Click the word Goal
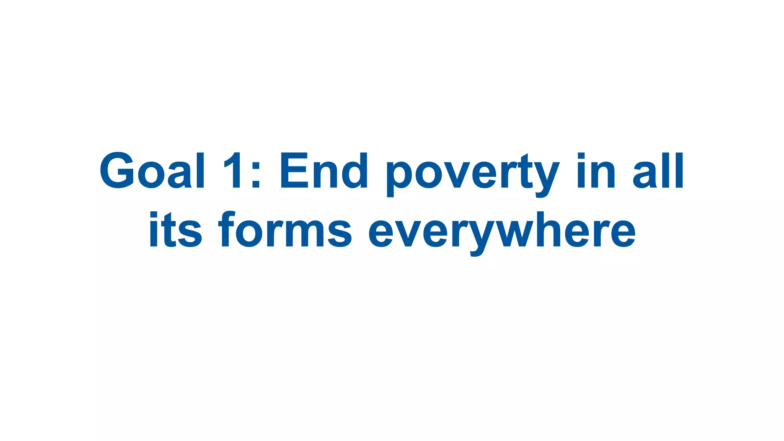(152, 171)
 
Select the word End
(324, 171)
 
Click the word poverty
(472, 175)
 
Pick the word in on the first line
(596, 171)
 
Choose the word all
(658, 171)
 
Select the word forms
(285, 230)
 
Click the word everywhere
(502, 232)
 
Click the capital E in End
(294, 171)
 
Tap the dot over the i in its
(154, 214)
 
